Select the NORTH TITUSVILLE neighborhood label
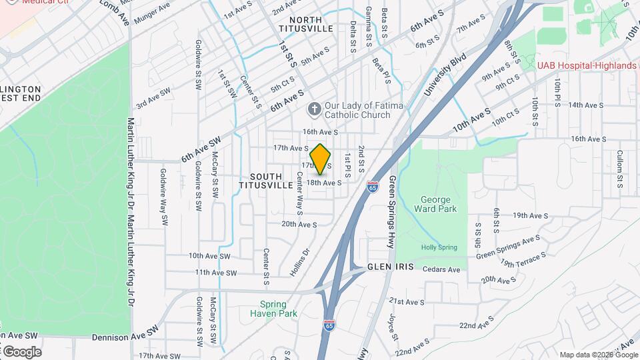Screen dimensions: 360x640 click(305, 25)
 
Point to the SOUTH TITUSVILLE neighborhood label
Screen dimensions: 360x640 click(266, 180)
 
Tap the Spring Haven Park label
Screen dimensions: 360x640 click(273, 308)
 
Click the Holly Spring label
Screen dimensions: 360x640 click(439, 247)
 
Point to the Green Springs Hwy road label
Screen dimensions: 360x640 click(392, 212)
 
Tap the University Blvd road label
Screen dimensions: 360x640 click(445, 75)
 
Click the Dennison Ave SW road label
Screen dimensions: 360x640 click(125, 332)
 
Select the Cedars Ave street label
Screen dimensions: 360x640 click(445, 270)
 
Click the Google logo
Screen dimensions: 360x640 click(21, 351)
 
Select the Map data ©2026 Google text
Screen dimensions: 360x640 click(598, 355)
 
